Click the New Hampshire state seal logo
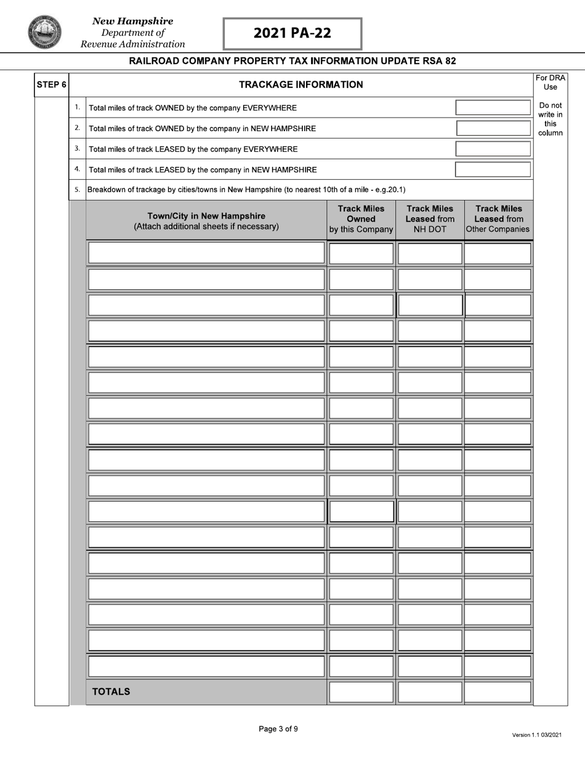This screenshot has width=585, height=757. pyautogui.click(x=44, y=32)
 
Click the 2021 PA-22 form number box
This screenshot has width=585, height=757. pyautogui.click(x=292, y=33)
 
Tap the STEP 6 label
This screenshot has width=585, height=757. pyautogui.click(x=51, y=85)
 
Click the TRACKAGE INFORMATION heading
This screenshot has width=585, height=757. pyautogui.click(x=301, y=85)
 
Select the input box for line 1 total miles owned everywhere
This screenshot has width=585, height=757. pyautogui.click(x=493, y=108)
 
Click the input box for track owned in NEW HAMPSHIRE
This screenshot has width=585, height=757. pyautogui.click(x=493, y=128)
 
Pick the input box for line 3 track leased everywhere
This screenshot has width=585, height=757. pyautogui.click(x=493, y=149)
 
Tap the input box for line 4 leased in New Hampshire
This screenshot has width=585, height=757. pyautogui.click(x=493, y=169)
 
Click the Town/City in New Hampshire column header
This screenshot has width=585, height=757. pyautogui.click(x=206, y=221)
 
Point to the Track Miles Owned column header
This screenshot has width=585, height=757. pyautogui.click(x=361, y=219)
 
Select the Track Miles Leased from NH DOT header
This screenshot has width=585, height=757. pyautogui.click(x=429, y=219)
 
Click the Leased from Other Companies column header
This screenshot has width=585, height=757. pyautogui.click(x=498, y=219)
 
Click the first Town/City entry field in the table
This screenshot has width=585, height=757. pyautogui.click(x=206, y=253)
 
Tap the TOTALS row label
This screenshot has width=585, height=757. pyautogui.click(x=111, y=692)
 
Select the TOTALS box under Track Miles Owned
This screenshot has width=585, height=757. pyautogui.click(x=361, y=692)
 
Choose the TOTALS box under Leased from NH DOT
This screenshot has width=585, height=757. pyautogui.click(x=429, y=692)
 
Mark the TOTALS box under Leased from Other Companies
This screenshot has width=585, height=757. pyautogui.click(x=498, y=692)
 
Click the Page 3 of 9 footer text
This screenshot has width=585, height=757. pyautogui.click(x=278, y=729)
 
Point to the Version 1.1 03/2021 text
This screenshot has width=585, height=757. pyautogui.click(x=536, y=735)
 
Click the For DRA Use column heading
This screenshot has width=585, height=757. pyautogui.click(x=550, y=82)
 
